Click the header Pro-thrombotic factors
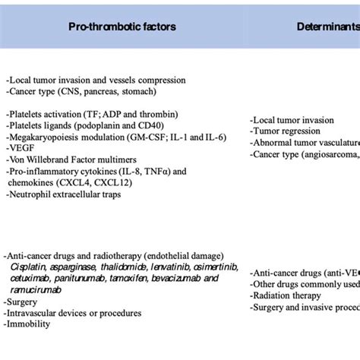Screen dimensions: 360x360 122,27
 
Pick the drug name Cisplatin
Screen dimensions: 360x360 30,267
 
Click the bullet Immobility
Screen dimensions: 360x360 29,324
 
